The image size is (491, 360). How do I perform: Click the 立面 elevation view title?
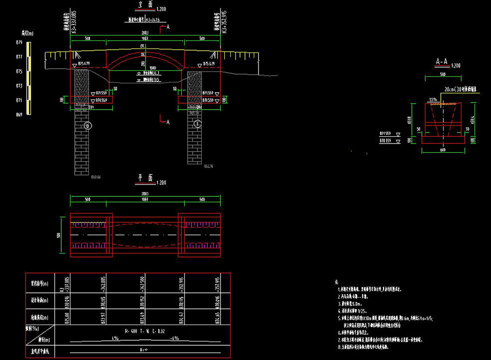pos(145,4)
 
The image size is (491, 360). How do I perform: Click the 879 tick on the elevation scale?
pos(19,42)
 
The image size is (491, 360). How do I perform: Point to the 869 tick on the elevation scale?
pos(19,115)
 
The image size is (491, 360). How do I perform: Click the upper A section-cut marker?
pos(168,27)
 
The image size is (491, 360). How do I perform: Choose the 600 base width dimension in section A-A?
pos(442,151)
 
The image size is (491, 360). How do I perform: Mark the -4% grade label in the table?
pos(175,339)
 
